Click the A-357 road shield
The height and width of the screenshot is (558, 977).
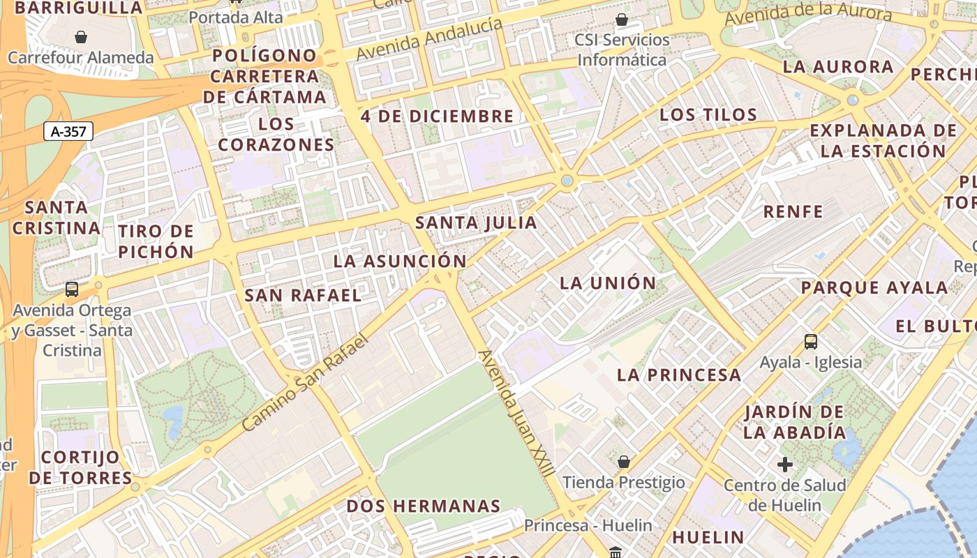68,131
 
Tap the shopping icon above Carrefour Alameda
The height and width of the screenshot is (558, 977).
81,36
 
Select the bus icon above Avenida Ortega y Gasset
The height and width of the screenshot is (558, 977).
71,289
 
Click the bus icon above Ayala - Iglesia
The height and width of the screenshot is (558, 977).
810,342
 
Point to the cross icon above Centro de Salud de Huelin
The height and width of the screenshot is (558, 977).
785,465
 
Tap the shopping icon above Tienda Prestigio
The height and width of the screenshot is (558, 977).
624,462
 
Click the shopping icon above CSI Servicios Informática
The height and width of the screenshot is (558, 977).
621,20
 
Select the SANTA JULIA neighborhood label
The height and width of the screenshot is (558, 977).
476,223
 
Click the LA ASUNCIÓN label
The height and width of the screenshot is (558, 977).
400,262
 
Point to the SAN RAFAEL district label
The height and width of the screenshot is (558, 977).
303,296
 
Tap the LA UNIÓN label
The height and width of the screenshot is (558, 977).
608,283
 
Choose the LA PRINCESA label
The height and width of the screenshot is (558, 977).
679,375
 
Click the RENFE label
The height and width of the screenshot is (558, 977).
793,212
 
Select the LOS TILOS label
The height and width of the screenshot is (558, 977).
708,115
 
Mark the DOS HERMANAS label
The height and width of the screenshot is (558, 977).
424,506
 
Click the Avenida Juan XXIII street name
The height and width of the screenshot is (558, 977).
516,413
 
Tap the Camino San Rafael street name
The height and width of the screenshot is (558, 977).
304,382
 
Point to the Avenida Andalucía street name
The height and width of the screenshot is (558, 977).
429,39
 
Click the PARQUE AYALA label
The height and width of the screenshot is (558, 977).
874,288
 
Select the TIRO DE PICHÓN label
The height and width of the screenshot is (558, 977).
156,241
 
